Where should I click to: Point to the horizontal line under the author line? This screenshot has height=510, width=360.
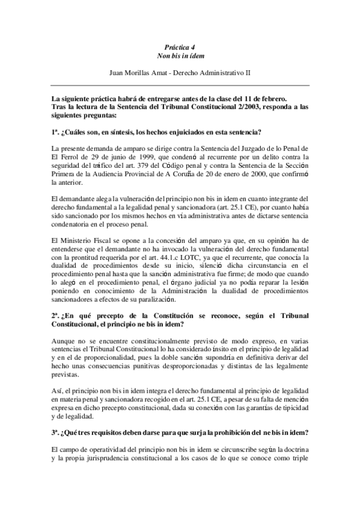[x=180, y=85]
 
